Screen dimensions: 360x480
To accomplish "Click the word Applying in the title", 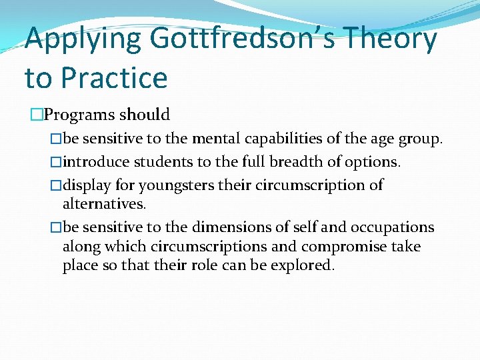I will [x=82, y=39].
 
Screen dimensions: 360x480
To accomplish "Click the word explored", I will [x=303, y=265].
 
